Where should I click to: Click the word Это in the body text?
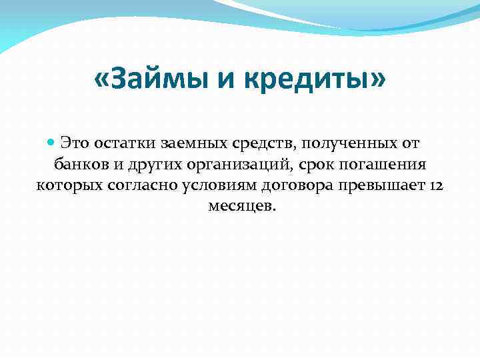coord(75,143)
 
